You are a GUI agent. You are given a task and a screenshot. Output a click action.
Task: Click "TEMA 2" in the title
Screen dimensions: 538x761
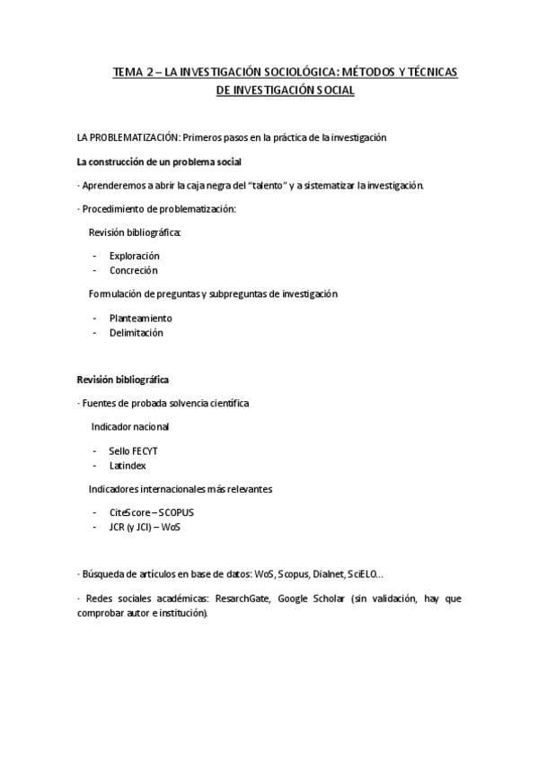[x=130, y=73]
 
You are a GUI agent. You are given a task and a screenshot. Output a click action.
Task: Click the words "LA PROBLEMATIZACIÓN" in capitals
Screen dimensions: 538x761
[x=128, y=138]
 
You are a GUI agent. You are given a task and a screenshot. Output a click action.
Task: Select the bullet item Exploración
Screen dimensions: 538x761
[x=134, y=256]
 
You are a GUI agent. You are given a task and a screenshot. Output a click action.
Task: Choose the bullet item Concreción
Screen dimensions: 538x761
[x=133, y=270]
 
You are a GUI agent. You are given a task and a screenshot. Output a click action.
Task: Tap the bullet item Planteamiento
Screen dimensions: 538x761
[x=140, y=318]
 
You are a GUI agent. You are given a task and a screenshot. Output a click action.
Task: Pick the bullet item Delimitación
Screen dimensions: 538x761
[x=137, y=332]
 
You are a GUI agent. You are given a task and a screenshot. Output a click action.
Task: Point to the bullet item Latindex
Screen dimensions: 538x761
[x=128, y=466]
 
